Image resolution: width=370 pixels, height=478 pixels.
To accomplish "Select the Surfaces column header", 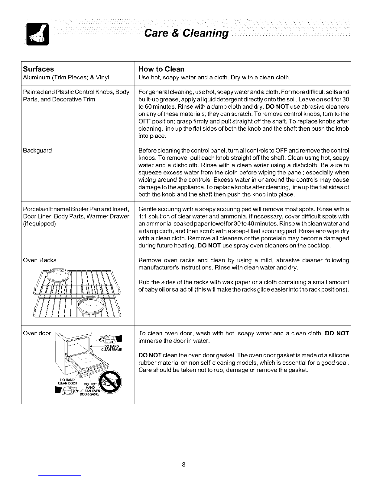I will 38,69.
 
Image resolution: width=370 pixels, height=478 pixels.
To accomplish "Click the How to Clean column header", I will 161,69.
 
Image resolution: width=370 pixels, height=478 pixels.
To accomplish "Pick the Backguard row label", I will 37,150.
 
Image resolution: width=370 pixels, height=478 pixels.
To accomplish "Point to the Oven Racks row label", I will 40,260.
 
